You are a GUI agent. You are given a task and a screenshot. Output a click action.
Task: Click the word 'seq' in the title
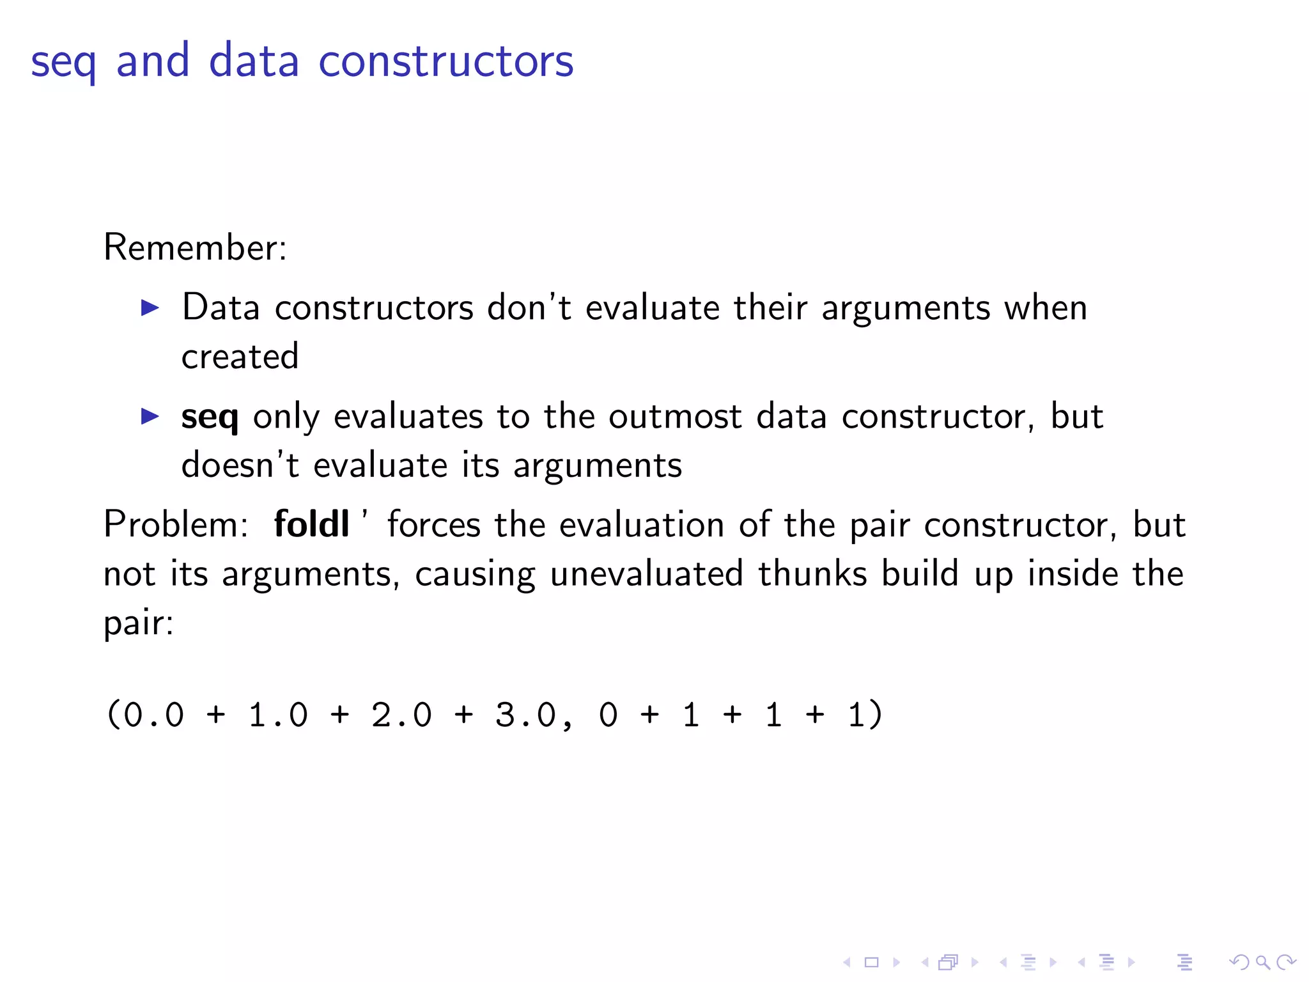coord(63,63)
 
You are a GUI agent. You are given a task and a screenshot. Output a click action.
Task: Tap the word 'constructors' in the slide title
coord(445,61)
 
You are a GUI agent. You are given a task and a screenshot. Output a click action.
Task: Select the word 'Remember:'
coord(195,247)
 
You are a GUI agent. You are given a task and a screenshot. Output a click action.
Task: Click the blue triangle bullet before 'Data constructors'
coord(150,308)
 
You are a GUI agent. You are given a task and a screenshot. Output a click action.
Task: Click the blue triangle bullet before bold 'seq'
coord(150,417)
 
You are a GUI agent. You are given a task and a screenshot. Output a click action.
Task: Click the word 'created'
coord(240,356)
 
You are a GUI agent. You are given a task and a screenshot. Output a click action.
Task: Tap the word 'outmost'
coord(675,417)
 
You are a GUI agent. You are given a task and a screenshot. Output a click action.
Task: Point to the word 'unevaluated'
coord(646,573)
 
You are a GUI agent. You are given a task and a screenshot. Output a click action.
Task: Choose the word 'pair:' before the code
coord(138,623)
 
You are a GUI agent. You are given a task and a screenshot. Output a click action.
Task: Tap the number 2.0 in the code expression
coord(401,715)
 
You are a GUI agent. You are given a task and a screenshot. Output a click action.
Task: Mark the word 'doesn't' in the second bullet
coord(240,465)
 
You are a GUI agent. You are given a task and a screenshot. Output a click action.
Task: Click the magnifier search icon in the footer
coord(1262,962)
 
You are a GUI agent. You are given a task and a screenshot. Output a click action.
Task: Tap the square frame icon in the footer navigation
coord(871,962)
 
